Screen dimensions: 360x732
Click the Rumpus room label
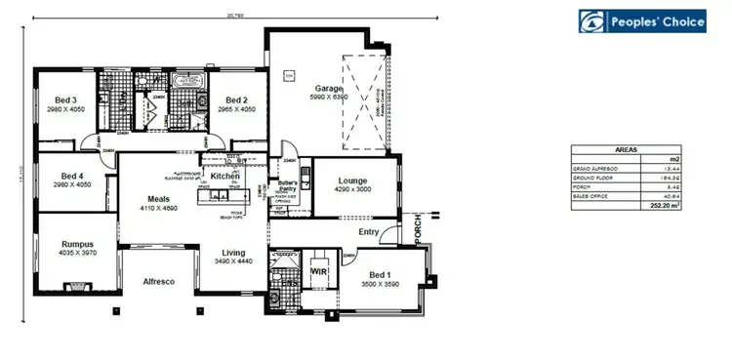77,245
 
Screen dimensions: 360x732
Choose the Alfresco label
158,281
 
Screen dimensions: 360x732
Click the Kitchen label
225,176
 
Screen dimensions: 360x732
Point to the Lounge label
352,180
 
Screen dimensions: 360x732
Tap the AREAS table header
626,150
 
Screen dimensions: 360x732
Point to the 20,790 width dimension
232,15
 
